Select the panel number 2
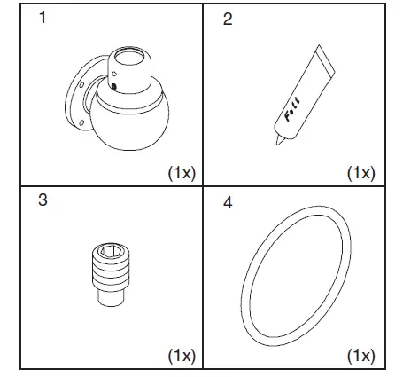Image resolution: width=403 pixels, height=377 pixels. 228,20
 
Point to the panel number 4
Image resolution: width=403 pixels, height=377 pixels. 228,203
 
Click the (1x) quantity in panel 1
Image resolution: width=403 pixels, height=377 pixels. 182,174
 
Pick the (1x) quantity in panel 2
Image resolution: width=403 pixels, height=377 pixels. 360,172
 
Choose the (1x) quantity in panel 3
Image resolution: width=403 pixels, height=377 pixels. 182,356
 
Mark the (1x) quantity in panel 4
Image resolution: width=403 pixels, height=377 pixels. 360,356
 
